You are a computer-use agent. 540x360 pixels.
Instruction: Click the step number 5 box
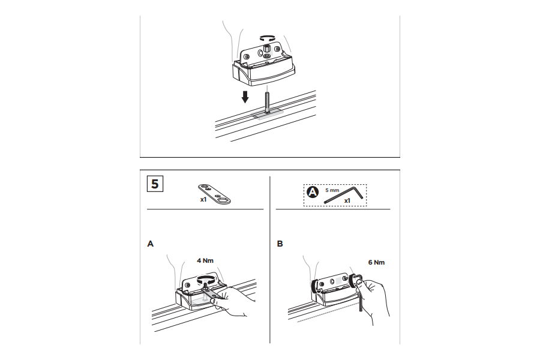pos(155,184)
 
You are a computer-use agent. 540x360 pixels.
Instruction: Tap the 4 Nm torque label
pos(205,260)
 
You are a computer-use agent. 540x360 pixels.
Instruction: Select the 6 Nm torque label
pos(376,262)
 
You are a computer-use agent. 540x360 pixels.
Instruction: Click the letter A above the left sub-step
pos(150,244)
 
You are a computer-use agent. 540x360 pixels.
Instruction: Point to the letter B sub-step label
pos(280,244)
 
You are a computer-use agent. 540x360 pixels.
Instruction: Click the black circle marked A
pos(313,192)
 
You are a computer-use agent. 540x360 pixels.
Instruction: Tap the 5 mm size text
pos(332,190)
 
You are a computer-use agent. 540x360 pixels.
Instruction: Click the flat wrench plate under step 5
pos(214,194)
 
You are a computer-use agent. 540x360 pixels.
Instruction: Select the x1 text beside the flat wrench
pos(203,199)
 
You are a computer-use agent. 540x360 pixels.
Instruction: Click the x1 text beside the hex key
pos(347,200)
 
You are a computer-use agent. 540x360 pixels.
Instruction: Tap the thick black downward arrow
pos(245,97)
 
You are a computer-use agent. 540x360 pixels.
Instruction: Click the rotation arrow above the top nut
pos(267,38)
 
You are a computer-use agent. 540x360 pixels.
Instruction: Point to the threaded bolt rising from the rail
pos(267,102)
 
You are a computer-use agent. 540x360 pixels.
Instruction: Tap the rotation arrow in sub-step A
pos(206,280)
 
